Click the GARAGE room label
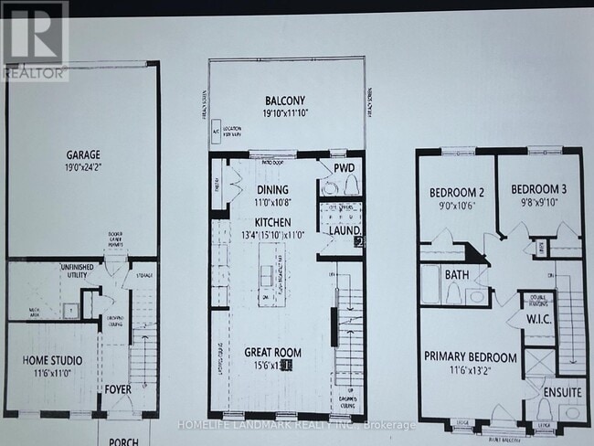pos(82,155)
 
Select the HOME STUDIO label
pos(48,360)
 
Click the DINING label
pos(272,190)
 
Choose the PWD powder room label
pos(343,169)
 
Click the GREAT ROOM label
pos(273,352)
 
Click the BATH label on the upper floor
pos(457,273)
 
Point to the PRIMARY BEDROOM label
pos(471,356)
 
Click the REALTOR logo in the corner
pos(34,41)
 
